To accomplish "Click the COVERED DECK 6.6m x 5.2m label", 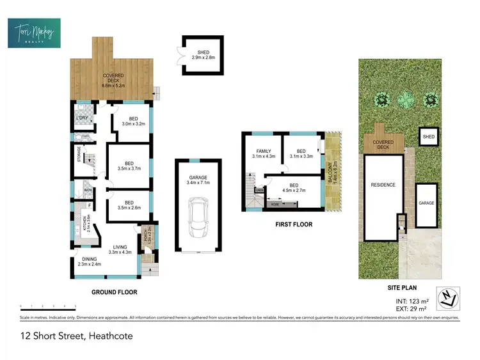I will (x=113, y=79).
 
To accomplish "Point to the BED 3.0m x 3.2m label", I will (x=133, y=122).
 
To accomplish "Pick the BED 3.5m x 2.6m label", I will (x=129, y=204).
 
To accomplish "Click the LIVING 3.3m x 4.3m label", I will (x=119, y=249).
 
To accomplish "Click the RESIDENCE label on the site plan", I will (x=383, y=185).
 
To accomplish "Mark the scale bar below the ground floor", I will (x=48, y=306).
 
